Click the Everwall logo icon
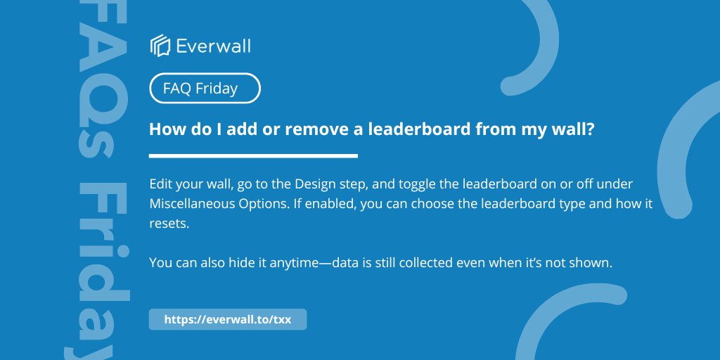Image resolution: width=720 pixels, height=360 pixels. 160,46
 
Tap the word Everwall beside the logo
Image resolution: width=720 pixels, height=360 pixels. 213,46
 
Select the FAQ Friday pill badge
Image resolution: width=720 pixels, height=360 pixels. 205,89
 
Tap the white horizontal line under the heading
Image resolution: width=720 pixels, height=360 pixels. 253,156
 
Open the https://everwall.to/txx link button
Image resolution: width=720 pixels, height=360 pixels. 228,319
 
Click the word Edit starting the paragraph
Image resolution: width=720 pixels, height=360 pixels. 161,184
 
